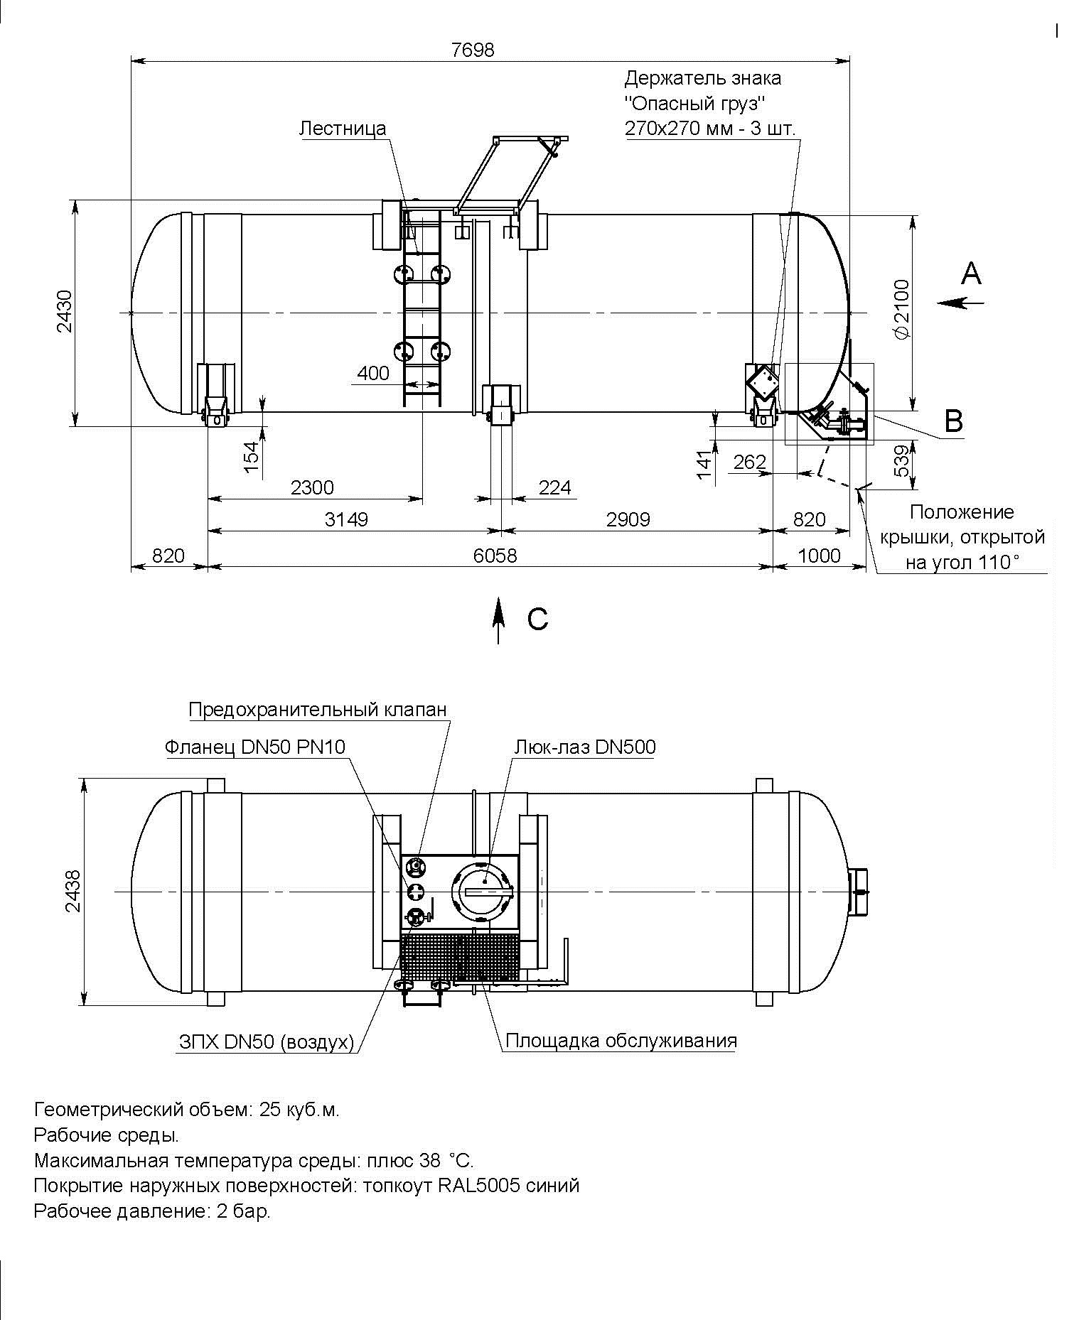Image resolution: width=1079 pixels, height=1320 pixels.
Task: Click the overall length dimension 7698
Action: [473, 50]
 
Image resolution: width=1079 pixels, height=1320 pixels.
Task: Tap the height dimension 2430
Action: [65, 311]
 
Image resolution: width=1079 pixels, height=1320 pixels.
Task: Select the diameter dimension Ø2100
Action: [901, 310]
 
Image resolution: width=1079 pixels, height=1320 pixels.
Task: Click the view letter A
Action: [971, 274]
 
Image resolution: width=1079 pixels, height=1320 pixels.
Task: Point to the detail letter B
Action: [953, 421]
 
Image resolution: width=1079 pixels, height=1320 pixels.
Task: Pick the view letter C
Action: [538, 620]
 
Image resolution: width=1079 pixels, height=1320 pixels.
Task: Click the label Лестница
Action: [343, 129]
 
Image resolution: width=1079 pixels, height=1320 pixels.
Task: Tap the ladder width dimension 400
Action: [373, 373]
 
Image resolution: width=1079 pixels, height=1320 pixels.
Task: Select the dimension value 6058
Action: [495, 556]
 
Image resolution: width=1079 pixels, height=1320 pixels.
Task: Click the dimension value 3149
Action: [347, 519]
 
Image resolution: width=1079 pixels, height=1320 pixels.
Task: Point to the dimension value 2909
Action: [628, 519]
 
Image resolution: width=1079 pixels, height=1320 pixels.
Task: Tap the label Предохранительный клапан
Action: [318, 710]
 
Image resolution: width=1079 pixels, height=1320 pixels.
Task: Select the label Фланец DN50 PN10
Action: [255, 747]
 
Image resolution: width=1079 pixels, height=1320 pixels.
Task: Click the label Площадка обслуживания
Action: [621, 1042]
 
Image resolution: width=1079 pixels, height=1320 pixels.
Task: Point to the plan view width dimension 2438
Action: [75, 891]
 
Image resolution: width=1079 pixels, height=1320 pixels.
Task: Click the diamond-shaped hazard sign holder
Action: [763, 382]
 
